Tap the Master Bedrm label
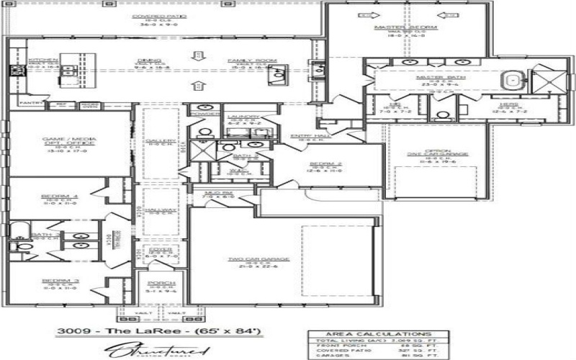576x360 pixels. [401, 28]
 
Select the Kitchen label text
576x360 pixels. [37, 60]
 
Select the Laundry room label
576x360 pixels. [243, 117]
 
